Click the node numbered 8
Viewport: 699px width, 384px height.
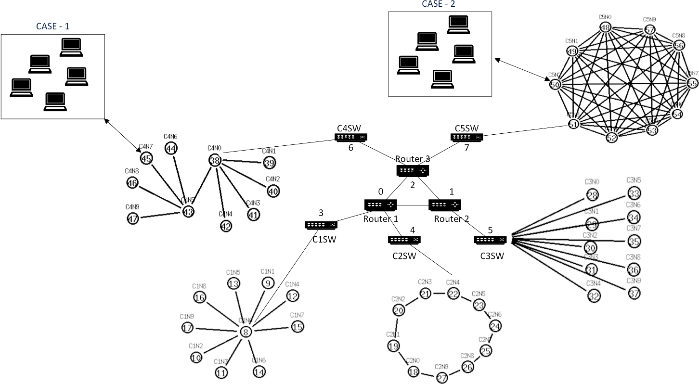point(246,332)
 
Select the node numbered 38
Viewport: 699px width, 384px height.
point(215,161)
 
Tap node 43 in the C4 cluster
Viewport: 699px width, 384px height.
point(188,211)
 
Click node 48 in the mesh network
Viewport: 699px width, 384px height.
point(606,28)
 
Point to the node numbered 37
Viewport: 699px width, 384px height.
point(634,293)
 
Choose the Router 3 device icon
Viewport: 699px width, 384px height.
point(413,170)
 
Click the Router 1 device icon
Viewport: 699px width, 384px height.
point(380,205)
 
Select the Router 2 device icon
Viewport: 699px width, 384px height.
point(445,205)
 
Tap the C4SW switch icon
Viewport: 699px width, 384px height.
point(350,137)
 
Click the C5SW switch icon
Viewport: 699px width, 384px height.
point(466,137)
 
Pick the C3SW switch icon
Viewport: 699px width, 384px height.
point(490,240)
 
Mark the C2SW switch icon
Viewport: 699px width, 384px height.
point(404,239)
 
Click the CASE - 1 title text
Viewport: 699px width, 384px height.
point(52,26)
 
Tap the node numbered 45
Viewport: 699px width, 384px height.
point(146,158)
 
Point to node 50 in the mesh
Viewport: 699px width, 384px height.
point(555,84)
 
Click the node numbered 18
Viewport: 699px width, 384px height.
point(414,372)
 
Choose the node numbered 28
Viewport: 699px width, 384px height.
point(592,195)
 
